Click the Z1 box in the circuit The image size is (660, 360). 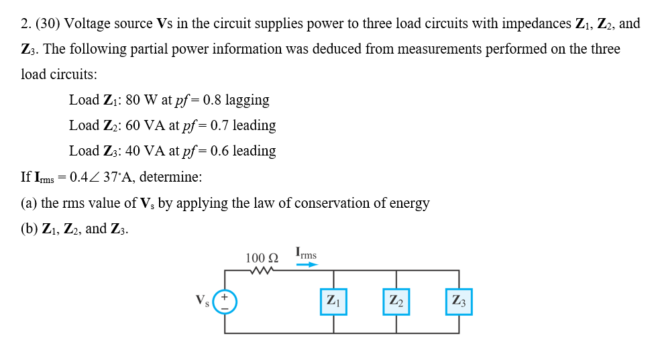pyautogui.click(x=333, y=301)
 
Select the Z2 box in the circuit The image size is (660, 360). pyautogui.click(x=396, y=301)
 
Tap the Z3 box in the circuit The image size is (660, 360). pyautogui.click(x=459, y=301)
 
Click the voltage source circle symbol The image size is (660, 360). pyautogui.click(x=225, y=301)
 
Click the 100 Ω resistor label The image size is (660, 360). pyautogui.click(x=262, y=257)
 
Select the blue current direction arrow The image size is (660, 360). pyautogui.click(x=307, y=265)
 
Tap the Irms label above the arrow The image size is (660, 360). pyautogui.click(x=306, y=253)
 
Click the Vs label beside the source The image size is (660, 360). pyautogui.click(x=202, y=300)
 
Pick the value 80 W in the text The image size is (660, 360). pyautogui.click(x=140, y=101)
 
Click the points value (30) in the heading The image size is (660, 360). pyautogui.click(x=48, y=24)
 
